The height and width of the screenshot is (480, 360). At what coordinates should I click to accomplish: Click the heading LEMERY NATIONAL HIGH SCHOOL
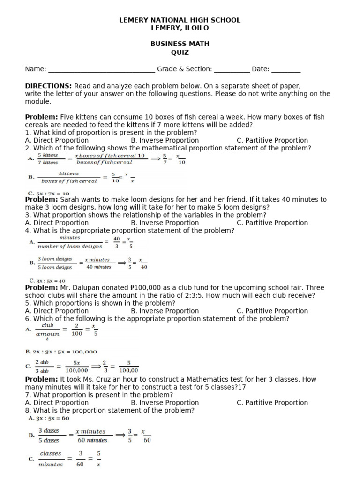(180, 20)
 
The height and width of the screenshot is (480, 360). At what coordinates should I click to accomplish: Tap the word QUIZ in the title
(180, 52)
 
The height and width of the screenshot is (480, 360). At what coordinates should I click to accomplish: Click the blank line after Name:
(101, 70)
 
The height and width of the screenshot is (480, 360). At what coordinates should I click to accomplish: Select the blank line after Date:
(286, 70)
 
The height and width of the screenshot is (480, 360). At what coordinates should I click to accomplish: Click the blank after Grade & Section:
(232, 70)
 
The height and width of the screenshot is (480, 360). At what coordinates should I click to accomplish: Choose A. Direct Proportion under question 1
(57, 140)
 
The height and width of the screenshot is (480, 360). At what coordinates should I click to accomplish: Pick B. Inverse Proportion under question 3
(165, 223)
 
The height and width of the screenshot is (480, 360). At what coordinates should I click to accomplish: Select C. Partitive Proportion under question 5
(272, 311)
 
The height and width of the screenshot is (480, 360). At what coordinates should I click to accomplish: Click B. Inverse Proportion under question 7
(165, 402)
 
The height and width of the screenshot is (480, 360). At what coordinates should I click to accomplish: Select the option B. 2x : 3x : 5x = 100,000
(61, 352)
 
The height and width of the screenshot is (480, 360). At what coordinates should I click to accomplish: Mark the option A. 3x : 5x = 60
(49, 418)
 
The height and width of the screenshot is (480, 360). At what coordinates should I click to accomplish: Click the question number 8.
(27, 410)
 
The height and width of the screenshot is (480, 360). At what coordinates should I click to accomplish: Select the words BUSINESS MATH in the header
(180, 44)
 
